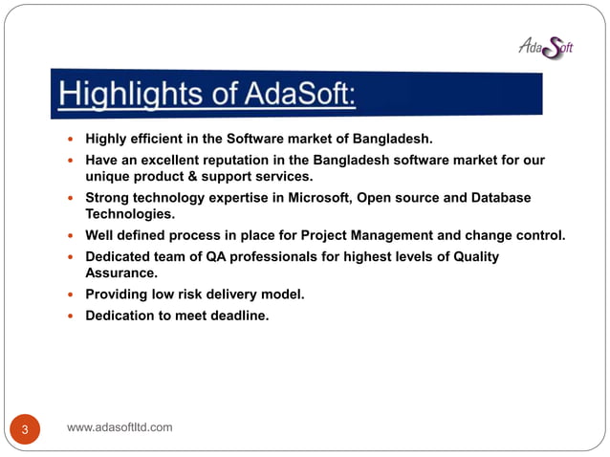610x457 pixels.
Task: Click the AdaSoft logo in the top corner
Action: [x=545, y=44]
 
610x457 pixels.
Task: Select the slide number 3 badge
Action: [x=26, y=429]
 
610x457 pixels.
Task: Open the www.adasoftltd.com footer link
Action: [x=120, y=427]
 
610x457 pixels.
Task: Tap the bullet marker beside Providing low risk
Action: [x=70, y=294]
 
